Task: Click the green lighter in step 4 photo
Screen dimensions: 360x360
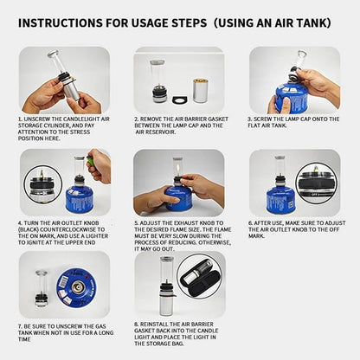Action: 90,162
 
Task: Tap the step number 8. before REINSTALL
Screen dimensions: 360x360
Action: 137,323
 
